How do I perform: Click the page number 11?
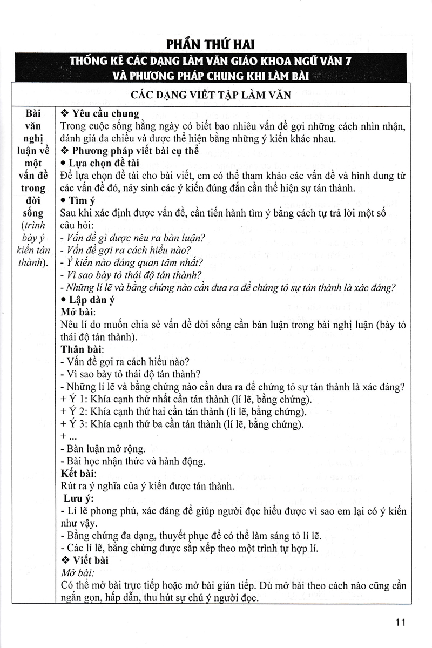(x=400, y=623)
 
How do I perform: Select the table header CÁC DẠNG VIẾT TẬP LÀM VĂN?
(x=215, y=94)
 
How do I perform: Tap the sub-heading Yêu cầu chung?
(x=99, y=114)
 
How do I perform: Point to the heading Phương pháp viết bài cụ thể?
(x=127, y=151)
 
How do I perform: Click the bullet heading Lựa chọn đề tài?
(x=97, y=164)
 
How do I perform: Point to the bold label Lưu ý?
(x=80, y=498)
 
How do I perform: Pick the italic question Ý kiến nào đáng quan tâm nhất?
(x=132, y=263)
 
